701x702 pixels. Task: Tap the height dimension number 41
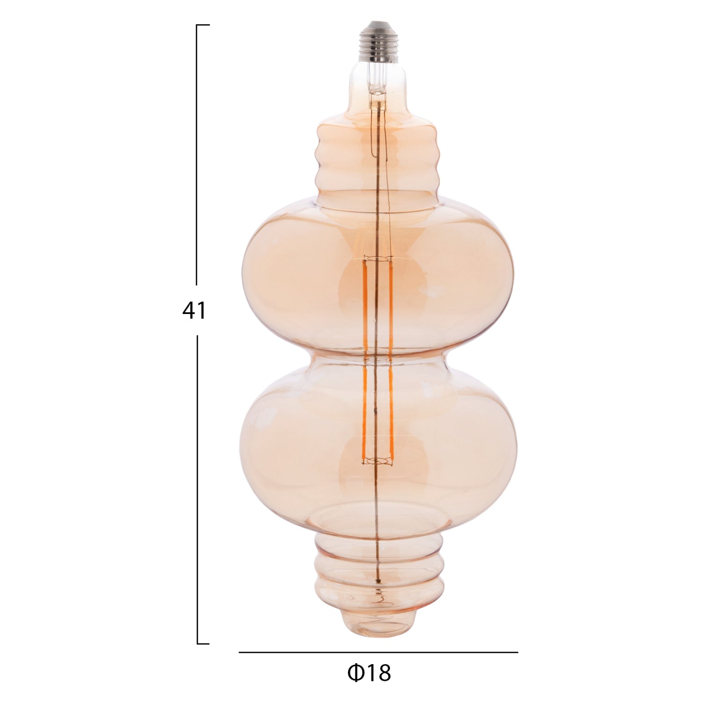click(x=194, y=310)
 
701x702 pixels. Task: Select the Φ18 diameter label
click(x=369, y=673)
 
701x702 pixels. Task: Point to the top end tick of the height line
click(x=203, y=25)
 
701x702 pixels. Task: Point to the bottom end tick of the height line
click(x=203, y=644)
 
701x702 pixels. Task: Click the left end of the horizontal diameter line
click(x=240, y=652)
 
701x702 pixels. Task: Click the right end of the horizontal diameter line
click(x=517, y=652)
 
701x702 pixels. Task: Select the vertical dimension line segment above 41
click(x=197, y=154)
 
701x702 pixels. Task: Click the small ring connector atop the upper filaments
click(x=377, y=258)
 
